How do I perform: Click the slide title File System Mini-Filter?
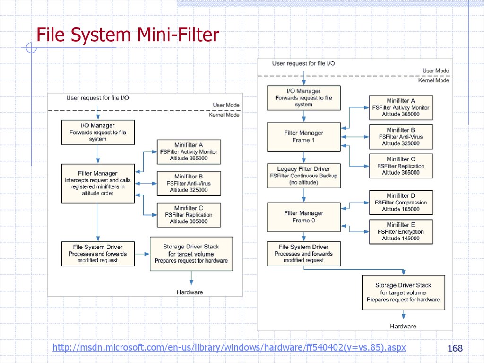coord(128,35)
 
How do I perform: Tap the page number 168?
coord(455,348)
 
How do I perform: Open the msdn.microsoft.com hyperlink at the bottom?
coord(229,348)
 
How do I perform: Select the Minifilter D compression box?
coord(400,203)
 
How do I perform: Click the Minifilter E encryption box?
coord(400,232)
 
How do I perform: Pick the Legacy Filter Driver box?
coord(303,176)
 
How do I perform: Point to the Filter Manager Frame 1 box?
coord(303,137)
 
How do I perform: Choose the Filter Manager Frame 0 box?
coord(303,217)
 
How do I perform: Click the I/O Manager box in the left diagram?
coord(97,133)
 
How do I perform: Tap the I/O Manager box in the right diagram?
coord(303,97)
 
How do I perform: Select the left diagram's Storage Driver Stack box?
coord(191,254)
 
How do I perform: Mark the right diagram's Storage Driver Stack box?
coord(403,293)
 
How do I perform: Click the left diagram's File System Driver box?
coord(97,254)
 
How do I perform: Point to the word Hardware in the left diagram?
coord(190,292)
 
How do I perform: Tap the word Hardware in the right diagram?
coord(403,326)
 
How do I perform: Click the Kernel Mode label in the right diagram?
coord(433,80)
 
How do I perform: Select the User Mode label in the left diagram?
coord(226,105)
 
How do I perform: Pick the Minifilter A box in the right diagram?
coord(400,107)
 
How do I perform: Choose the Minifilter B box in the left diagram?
coord(189,183)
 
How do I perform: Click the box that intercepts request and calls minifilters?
coord(97,183)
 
